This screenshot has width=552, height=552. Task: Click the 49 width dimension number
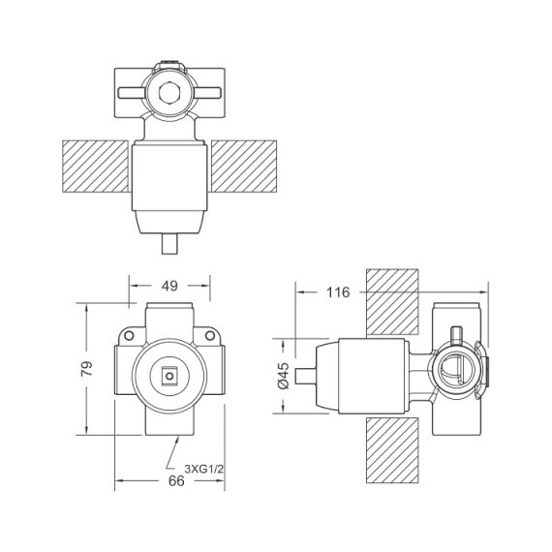tap(169, 286)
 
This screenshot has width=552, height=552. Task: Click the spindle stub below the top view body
tap(169, 241)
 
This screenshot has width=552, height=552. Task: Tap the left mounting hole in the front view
tap(126, 335)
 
